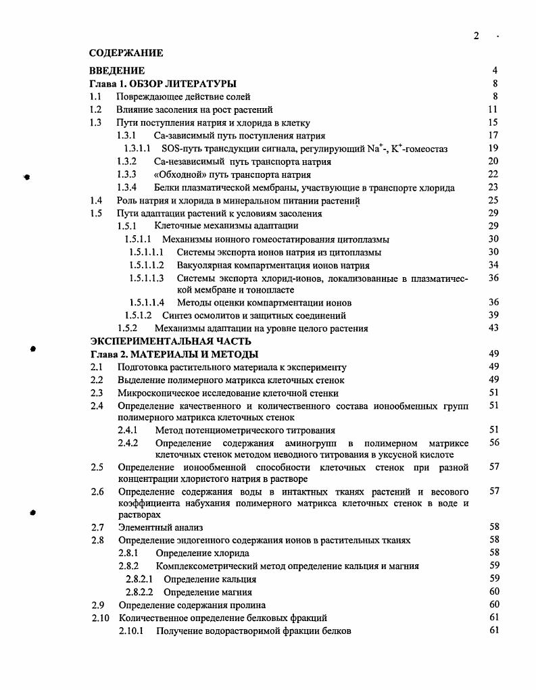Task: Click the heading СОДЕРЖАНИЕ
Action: (126, 52)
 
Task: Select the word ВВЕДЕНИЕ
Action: (117, 70)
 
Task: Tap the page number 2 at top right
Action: (476, 36)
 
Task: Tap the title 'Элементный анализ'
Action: (160, 527)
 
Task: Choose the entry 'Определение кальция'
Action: (210, 579)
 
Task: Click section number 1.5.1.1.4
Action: (147, 303)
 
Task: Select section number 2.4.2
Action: (128, 443)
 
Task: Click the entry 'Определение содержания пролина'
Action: (192, 605)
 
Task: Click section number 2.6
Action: (97, 491)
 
